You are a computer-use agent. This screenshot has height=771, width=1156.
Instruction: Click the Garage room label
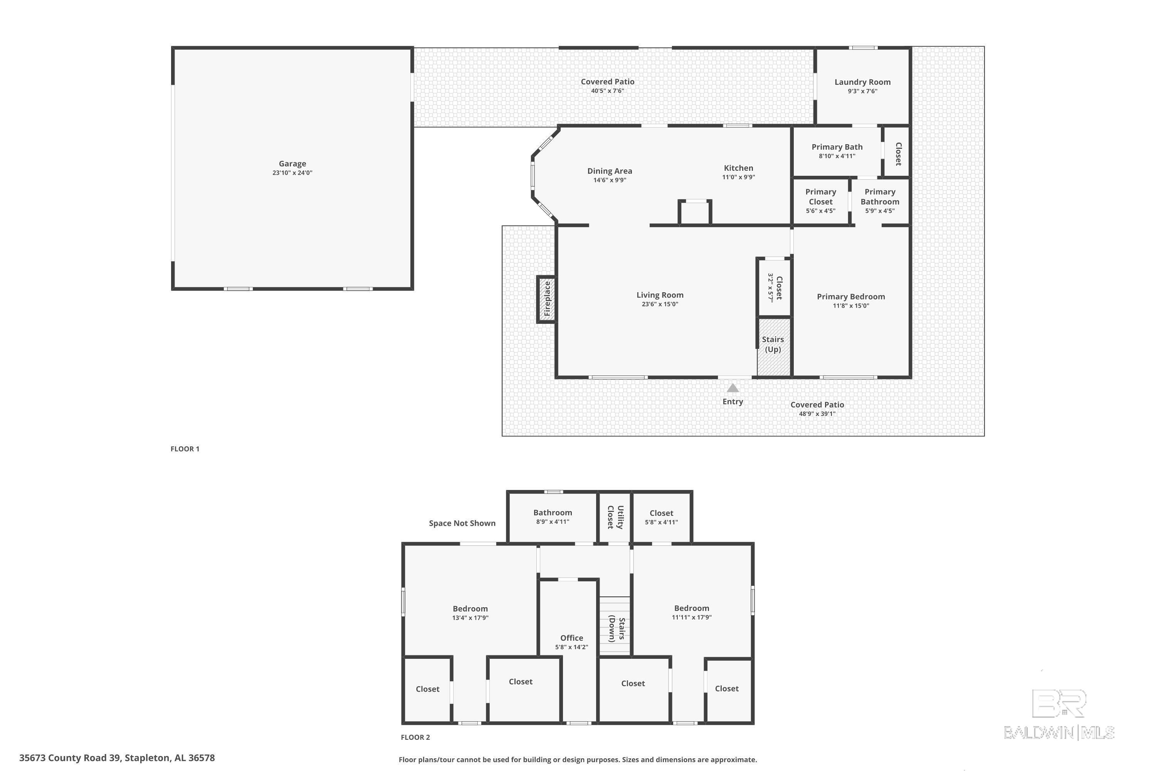pyautogui.click(x=292, y=164)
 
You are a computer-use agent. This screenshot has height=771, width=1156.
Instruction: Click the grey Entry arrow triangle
pyautogui.click(x=733, y=388)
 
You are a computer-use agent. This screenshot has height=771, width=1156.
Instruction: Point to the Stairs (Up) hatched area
pyautogui.click(x=773, y=347)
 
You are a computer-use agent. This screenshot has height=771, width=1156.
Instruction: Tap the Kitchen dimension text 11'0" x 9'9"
pyautogui.click(x=738, y=177)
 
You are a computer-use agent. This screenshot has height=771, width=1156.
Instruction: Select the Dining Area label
pyautogui.click(x=610, y=171)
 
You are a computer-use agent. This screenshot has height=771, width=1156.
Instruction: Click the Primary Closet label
pyautogui.click(x=820, y=197)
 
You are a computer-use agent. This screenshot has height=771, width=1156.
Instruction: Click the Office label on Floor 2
pyautogui.click(x=571, y=638)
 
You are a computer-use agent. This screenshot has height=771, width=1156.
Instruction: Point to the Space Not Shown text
pyautogui.click(x=462, y=523)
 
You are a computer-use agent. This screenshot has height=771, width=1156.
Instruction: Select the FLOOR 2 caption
pyautogui.click(x=415, y=737)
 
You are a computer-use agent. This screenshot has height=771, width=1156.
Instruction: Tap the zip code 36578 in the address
pyautogui.click(x=202, y=758)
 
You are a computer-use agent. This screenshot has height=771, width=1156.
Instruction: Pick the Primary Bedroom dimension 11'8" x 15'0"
pyautogui.click(x=851, y=306)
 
